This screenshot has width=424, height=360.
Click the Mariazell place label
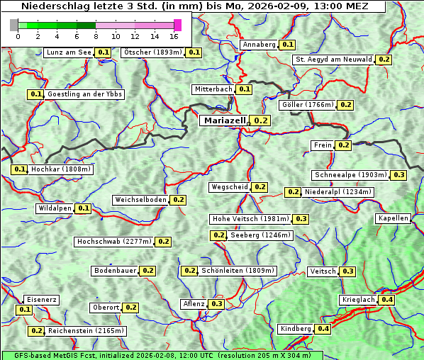click(223, 120)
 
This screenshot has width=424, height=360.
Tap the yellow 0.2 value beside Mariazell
click(261, 121)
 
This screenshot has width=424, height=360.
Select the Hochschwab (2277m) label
click(113, 242)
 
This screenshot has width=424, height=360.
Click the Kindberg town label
click(295, 329)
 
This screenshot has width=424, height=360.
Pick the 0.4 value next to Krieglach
click(387, 300)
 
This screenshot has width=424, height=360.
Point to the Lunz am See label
click(68, 52)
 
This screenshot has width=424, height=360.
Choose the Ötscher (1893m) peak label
click(152, 52)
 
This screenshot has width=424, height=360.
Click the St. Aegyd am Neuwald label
click(333, 60)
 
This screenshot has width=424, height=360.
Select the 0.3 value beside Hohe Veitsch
click(301, 219)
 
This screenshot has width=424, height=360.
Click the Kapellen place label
click(393, 218)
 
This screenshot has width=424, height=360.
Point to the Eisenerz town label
click(40, 300)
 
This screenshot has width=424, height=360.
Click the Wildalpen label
click(55, 208)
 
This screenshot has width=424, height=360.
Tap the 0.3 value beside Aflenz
click(216, 304)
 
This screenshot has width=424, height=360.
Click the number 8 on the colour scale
click(96, 36)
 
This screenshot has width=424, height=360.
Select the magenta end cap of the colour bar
click(177, 26)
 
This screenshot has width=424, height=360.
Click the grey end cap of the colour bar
click(14, 26)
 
